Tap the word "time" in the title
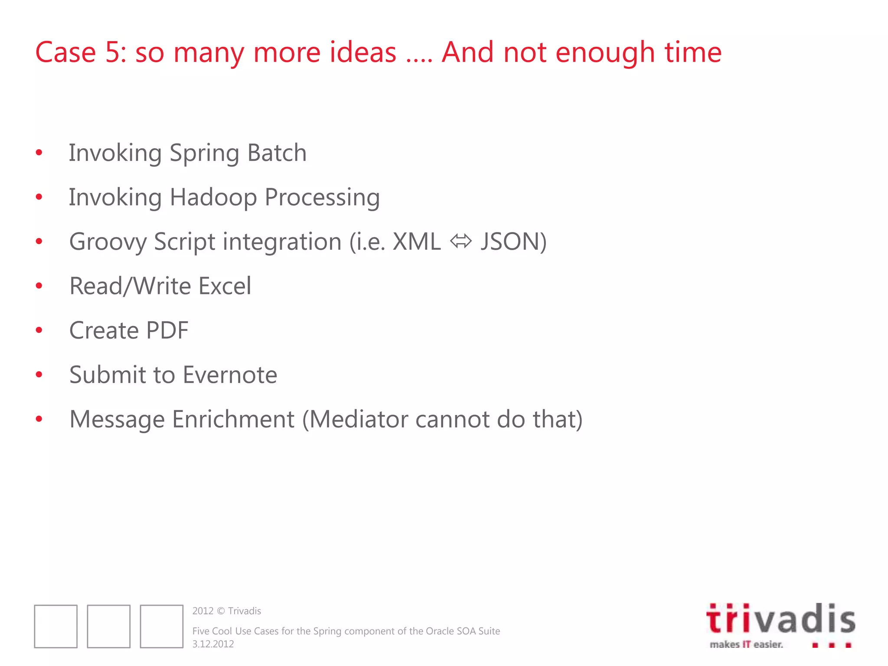(693, 52)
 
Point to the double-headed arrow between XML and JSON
(460, 241)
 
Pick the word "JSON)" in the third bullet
(513, 242)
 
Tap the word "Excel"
(225, 286)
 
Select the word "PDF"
(167, 330)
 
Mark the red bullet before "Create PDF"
(39, 330)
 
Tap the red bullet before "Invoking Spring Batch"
(39, 153)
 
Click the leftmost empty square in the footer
(56, 627)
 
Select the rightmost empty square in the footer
(162, 627)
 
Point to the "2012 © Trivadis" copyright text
(226, 611)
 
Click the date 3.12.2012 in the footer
(213, 644)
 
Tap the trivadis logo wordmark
(780, 618)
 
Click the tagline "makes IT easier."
(746, 645)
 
